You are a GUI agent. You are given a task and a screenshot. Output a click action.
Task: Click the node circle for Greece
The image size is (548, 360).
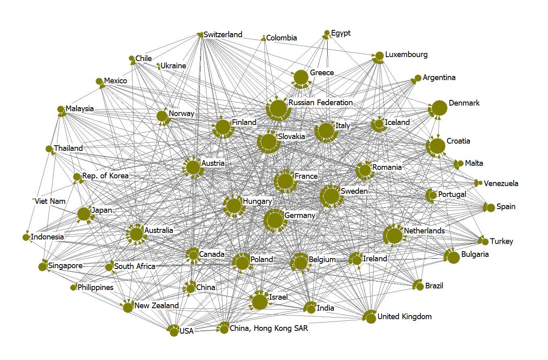(301, 77)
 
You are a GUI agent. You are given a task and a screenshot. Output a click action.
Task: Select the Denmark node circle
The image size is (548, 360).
(440, 108)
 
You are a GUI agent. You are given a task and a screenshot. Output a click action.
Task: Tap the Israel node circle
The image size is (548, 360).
(259, 302)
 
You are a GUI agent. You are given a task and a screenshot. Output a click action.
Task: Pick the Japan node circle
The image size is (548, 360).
(84, 214)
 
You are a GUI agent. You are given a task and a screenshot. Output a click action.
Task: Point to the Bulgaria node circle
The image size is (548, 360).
(452, 256)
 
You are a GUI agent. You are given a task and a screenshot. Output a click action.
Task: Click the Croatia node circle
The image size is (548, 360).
(437, 146)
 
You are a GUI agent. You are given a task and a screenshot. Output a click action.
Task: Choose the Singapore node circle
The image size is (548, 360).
(42, 267)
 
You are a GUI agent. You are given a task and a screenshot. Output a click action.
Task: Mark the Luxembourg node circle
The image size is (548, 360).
(379, 56)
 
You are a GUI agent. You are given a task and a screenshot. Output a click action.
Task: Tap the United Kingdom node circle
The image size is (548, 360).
(371, 318)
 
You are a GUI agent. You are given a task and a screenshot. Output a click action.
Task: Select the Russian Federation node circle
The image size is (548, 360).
(278, 108)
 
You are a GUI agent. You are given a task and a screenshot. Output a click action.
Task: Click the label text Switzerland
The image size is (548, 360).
(223, 34)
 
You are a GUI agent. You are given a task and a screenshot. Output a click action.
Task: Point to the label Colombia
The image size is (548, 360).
(281, 38)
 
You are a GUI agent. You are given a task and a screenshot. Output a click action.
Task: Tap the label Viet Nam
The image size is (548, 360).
(50, 201)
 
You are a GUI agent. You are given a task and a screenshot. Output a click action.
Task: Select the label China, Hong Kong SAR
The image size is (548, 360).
(269, 328)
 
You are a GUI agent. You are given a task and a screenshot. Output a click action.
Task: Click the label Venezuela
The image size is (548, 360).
(501, 183)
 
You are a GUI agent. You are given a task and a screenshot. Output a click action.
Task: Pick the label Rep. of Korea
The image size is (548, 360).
(105, 176)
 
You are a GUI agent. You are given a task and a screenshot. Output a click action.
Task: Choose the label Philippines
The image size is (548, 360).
(96, 288)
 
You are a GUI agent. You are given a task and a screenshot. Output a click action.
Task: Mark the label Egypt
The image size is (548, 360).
(341, 33)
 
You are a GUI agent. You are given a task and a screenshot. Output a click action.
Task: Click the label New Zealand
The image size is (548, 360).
(156, 305)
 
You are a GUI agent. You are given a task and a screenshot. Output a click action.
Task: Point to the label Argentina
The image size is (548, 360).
(439, 77)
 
